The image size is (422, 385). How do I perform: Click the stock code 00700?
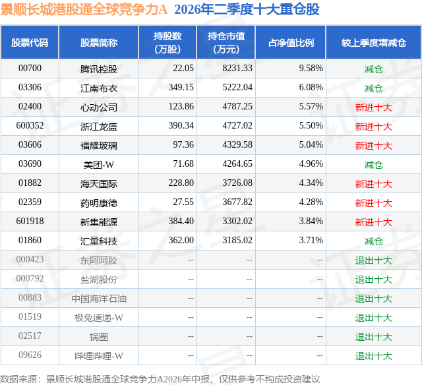30,68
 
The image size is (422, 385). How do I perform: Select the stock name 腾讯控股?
99,69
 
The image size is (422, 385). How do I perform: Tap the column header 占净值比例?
291,42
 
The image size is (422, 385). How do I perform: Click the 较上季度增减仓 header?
374,42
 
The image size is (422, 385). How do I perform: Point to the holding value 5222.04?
237,87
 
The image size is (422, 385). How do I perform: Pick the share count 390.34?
181,125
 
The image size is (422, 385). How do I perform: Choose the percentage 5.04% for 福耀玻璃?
311,144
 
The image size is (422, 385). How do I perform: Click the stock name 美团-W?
99,165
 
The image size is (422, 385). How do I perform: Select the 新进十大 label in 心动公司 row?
374,107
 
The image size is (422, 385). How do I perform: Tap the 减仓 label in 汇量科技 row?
374,241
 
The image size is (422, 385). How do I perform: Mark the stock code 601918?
30,221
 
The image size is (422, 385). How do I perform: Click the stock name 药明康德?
99,203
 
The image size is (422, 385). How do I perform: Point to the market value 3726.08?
237,183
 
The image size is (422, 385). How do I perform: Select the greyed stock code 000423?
30,259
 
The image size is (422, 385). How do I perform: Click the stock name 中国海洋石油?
99,299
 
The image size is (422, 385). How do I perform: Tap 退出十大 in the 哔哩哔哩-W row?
374,356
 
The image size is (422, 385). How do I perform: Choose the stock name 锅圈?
99,337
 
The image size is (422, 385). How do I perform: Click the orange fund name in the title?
84,9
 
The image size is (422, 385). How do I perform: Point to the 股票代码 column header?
30,42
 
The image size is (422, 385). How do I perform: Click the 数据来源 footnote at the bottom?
160,379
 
